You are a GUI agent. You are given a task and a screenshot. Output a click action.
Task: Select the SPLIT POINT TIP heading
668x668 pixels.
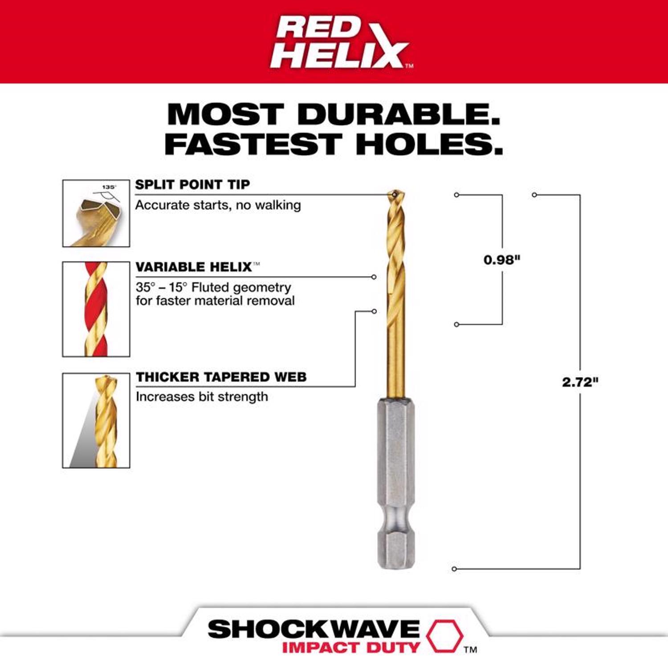click(192, 184)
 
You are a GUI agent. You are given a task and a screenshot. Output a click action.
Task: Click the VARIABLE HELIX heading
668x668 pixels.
click(194, 267)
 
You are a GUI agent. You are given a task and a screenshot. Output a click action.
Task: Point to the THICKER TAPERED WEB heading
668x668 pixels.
click(221, 377)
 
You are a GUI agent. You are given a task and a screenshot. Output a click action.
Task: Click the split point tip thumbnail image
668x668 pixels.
click(96, 213)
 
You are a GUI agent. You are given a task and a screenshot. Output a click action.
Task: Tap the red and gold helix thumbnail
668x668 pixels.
click(96, 309)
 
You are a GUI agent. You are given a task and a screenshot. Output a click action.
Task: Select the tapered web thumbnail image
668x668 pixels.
click(96, 420)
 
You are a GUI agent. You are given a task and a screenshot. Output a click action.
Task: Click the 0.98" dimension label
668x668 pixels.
click(502, 260)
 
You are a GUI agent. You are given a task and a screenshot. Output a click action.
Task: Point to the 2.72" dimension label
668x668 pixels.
click(580, 382)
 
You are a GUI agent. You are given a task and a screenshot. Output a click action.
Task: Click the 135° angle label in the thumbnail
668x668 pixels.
click(109, 187)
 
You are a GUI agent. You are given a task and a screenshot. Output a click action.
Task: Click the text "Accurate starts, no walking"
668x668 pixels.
click(218, 205)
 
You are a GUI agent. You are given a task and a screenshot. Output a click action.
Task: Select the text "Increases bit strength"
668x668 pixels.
click(202, 397)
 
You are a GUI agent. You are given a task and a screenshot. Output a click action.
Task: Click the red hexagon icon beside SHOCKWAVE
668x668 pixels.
click(444, 635)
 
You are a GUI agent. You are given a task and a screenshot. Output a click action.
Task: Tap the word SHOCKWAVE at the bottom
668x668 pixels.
click(314, 629)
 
